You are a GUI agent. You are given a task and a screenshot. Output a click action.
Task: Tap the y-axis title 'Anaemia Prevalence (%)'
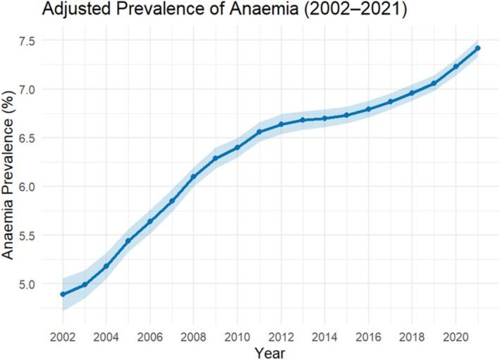[x=13, y=174]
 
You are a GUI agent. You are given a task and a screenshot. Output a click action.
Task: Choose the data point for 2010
[x=238, y=148]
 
